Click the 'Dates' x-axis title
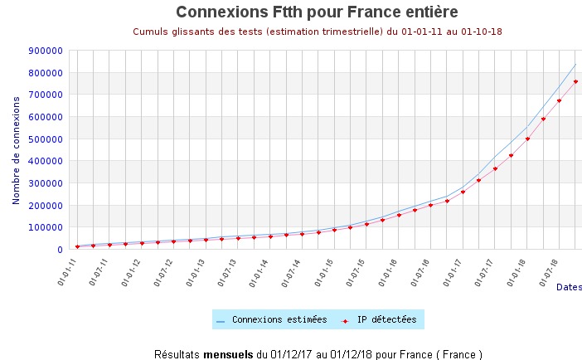coord(569,287)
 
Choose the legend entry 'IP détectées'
coord(387,319)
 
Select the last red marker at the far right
coord(575,81)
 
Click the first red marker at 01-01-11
coord(77,246)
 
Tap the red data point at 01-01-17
coord(463,192)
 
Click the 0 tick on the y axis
coord(60,249)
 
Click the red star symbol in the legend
coord(345,320)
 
